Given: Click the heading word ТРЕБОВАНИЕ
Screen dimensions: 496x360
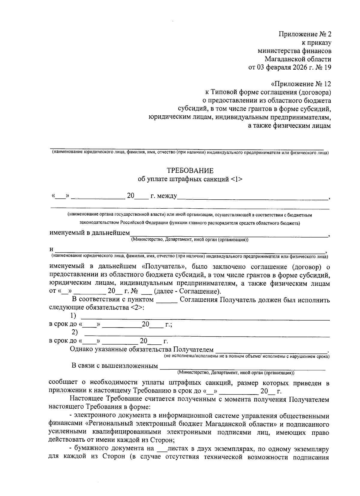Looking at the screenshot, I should click(190, 171).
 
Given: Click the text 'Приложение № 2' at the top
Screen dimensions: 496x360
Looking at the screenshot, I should click(305, 34).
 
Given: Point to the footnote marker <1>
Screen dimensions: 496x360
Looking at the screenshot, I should click(236, 179).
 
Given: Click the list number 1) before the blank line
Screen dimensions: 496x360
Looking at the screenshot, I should click(73, 316).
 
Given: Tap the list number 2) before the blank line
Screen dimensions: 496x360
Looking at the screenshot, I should click(74, 332).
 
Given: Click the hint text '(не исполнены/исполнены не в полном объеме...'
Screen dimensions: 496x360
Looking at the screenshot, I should click(247, 356).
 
